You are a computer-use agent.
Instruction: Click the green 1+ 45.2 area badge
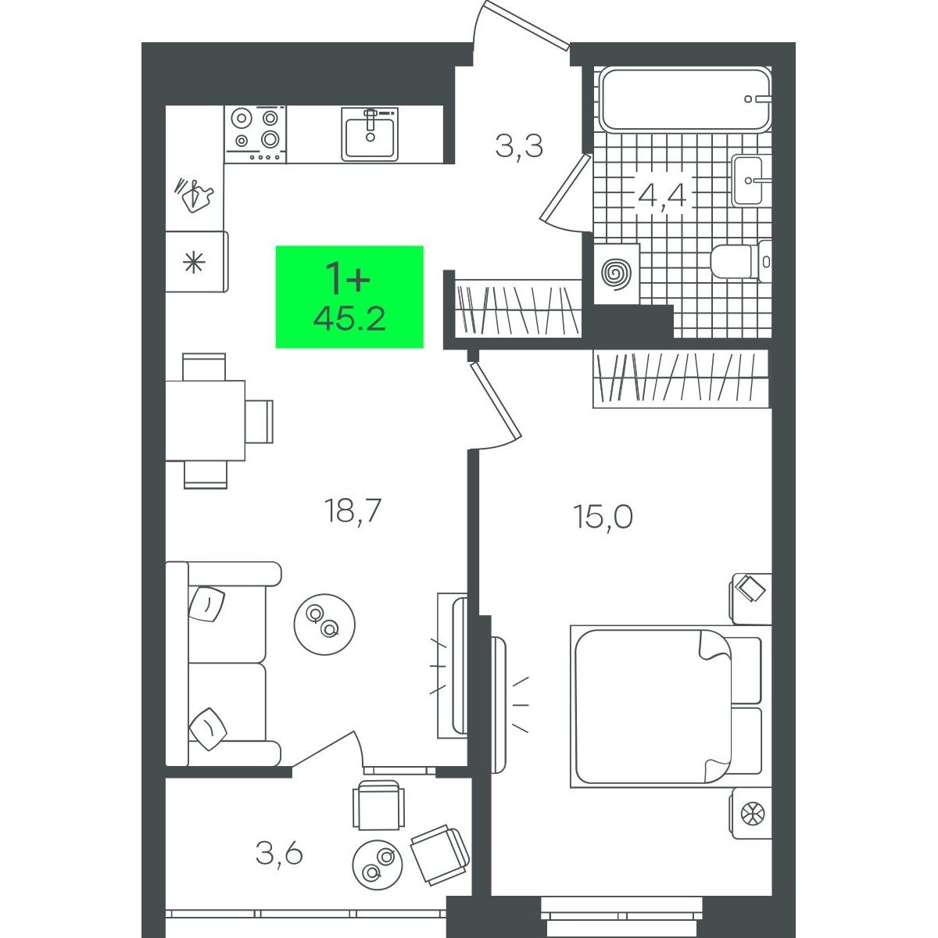click(349, 297)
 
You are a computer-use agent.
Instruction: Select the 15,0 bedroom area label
click(603, 517)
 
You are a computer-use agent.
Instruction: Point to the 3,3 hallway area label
click(519, 145)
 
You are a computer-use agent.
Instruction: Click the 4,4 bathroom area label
click(662, 195)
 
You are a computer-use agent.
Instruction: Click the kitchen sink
click(370, 134)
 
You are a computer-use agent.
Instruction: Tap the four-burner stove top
click(255, 134)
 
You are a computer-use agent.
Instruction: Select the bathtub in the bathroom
click(686, 98)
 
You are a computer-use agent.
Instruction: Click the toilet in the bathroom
click(740, 262)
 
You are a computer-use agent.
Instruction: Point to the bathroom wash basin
click(750, 180)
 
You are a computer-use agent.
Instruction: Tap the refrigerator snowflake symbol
click(193, 263)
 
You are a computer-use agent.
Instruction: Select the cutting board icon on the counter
click(195, 195)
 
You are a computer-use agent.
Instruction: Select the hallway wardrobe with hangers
click(518, 308)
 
